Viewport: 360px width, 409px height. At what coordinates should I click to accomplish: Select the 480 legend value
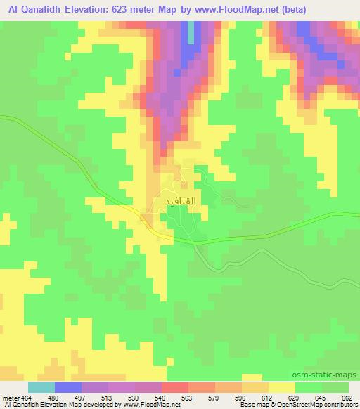pyautogui.click(x=63, y=397)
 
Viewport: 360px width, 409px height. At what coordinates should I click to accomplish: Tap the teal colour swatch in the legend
pyautogui.click(x=41, y=387)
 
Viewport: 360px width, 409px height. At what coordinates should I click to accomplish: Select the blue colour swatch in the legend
pyautogui.click(x=68, y=387)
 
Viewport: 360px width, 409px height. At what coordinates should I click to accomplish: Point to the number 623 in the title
pyautogui.click(x=149, y=10)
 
